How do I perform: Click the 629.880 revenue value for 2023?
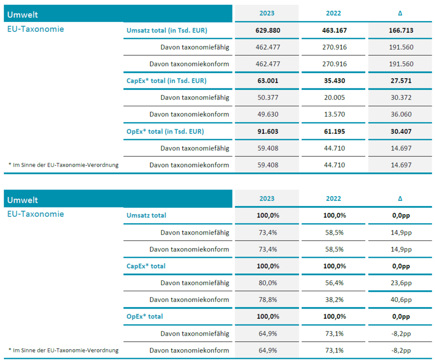tap(268, 30)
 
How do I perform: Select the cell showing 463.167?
tap(334, 30)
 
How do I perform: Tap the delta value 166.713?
tap(401, 30)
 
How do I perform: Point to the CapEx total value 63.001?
tap(268, 81)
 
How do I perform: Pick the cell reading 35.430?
tap(334, 81)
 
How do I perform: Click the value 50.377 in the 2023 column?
tap(268, 97)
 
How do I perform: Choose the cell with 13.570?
tap(334, 114)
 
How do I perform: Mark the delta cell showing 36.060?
tap(401, 114)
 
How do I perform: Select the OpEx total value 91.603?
tap(268, 131)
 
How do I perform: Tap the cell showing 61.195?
tap(334, 131)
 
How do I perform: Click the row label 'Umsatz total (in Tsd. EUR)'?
tap(167, 30)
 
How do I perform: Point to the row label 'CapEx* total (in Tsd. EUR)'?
tap(167, 81)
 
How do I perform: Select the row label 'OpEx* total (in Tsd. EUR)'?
tap(165, 131)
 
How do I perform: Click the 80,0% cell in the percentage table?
tap(268, 283)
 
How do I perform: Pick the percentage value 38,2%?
tap(334, 300)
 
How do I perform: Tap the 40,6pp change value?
tap(401, 300)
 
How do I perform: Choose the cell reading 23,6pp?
tap(401, 283)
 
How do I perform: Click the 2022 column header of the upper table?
tap(333, 13)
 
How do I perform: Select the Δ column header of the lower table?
tap(400, 198)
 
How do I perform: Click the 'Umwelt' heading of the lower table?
tap(22, 200)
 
